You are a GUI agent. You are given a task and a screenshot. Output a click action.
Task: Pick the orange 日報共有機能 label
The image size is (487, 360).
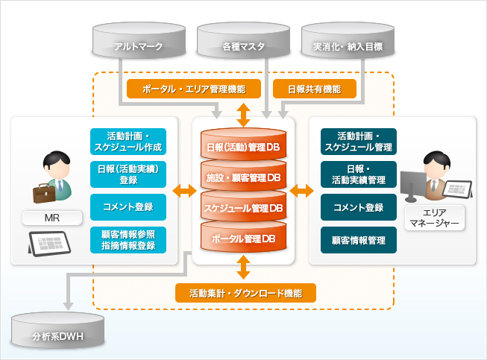point(314,89)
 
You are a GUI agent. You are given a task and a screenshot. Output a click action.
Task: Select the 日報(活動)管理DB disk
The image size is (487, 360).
point(243,145)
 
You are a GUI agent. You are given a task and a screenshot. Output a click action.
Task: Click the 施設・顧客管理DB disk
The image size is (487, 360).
point(243,177)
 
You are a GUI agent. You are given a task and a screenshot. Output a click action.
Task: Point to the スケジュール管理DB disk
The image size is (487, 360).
point(243,207)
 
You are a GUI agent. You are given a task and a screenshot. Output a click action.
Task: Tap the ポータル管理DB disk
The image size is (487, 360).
point(243,239)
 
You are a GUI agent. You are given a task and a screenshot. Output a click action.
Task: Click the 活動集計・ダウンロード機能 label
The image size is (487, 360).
point(245,293)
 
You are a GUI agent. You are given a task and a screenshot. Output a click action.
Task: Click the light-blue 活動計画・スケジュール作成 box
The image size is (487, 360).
point(128,142)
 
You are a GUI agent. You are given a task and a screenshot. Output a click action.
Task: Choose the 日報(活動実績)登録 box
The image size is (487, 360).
point(128,174)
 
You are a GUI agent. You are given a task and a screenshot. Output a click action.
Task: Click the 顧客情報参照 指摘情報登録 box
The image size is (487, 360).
point(128,239)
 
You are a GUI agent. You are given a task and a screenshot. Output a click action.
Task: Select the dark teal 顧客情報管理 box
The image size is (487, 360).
point(359,239)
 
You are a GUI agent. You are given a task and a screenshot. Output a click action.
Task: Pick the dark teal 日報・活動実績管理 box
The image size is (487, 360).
point(359,174)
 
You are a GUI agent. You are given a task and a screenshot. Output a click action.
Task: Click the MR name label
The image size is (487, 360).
point(52,218)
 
